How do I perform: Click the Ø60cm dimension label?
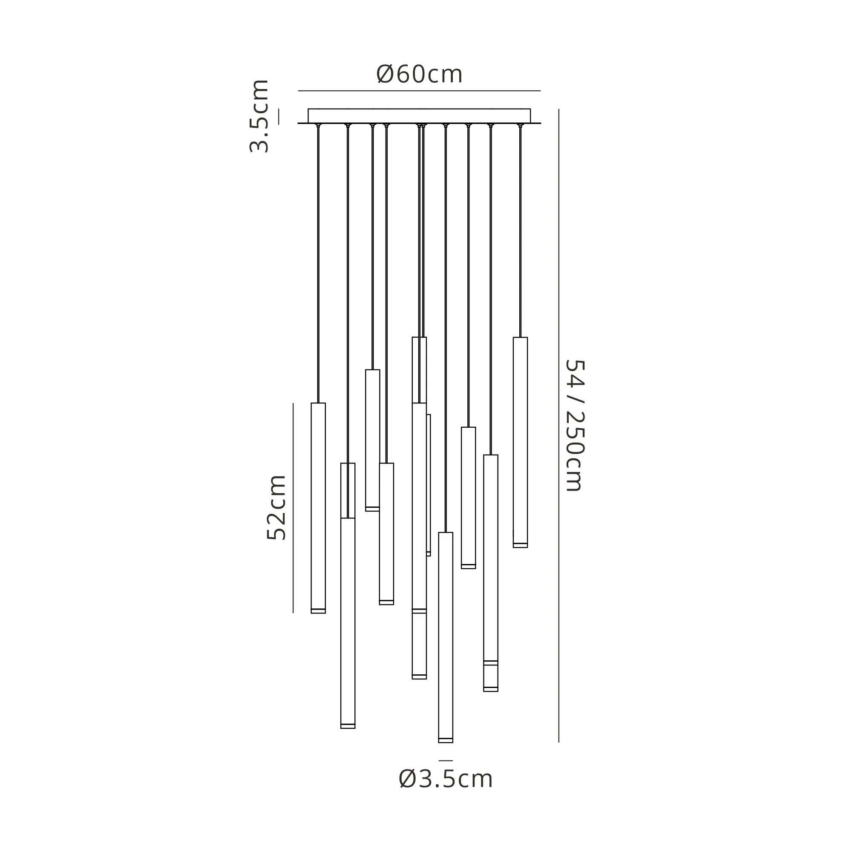(x=419, y=74)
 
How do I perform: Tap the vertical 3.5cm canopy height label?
(x=259, y=116)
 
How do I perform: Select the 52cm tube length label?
(x=276, y=508)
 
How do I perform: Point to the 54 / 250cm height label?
(x=575, y=426)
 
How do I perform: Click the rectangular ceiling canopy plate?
(x=419, y=116)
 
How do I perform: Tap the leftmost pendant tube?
(x=318, y=508)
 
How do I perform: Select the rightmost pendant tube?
(x=521, y=442)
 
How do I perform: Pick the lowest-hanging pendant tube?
(x=446, y=638)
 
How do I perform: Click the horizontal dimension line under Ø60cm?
(x=419, y=91)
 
